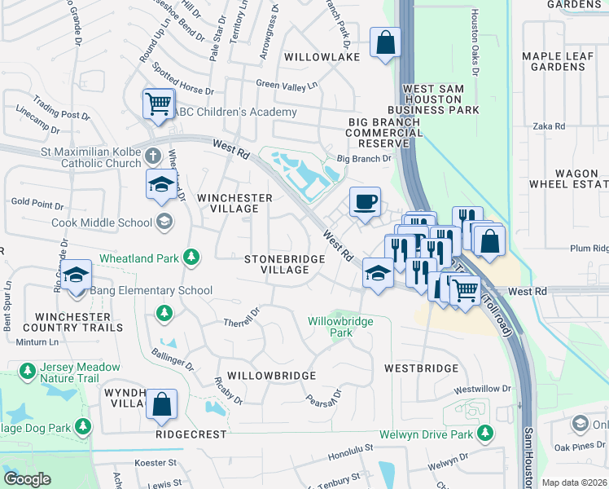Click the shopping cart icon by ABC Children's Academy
157,104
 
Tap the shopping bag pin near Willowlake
385,42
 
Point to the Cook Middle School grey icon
164,222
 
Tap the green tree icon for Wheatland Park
191,258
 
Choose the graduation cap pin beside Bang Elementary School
77,275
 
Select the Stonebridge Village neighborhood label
285,265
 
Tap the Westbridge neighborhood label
421,368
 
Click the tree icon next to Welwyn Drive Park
485,434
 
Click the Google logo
27,479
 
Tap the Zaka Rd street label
549,126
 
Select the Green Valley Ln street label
286,84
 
